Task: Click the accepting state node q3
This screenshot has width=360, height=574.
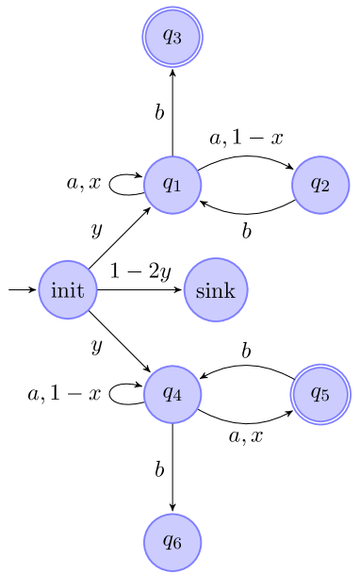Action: click(x=172, y=37)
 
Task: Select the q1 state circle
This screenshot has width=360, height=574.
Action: click(x=172, y=185)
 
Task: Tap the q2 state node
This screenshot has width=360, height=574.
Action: click(x=320, y=185)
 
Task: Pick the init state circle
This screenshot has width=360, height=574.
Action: click(x=68, y=290)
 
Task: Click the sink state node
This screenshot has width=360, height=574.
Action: click(x=216, y=290)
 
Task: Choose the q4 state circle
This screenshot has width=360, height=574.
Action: click(x=172, y=393)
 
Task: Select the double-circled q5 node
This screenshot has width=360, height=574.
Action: click(x=320, y=393)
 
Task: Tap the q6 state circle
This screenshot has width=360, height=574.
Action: click(x=172, y=542)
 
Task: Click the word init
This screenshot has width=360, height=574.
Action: click(x=68, y=290)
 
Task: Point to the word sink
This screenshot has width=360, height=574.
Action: click(x=216, y=290)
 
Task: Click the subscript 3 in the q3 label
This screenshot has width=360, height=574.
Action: click(x=177, y=40)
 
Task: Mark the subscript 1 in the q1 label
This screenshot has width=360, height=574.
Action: click(x=177, y=188)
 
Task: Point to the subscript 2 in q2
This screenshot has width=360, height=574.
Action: click(x=325, y=188)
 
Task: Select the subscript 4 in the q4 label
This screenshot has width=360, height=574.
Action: click(x=177, y=396)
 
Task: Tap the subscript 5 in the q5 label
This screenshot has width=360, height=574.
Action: click(x=325, y=396)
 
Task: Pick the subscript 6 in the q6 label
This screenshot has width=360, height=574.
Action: click(x=177, y=545)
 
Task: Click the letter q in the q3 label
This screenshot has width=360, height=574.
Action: click(x=168, y=37)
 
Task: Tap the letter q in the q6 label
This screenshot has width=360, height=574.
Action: click(x=168, y=542)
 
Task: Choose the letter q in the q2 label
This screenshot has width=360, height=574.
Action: click(x=316, y=185)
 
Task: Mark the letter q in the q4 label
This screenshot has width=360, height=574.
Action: click(x=168, y=393)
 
